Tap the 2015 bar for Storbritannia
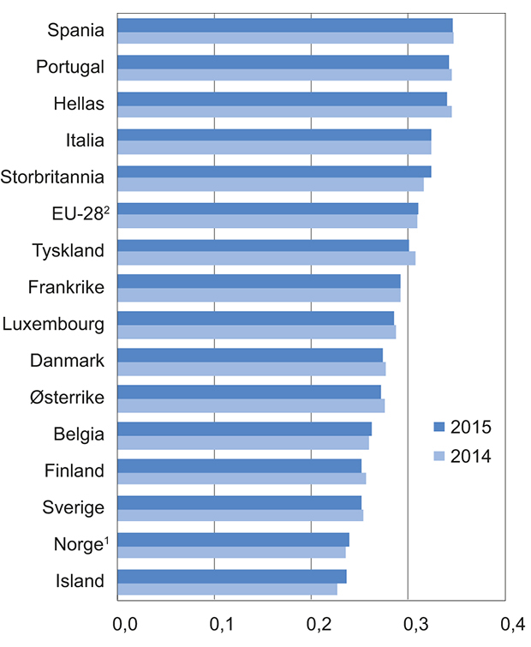click(273, 171)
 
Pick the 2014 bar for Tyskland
click(265, 258)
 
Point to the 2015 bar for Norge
click(232, 539)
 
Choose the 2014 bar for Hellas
click(283, 111)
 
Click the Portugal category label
click(70, 67)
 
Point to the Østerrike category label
click(66, 398)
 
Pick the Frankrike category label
click(66, 287)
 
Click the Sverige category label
click(73, 507)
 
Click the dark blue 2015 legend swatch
click(440, 427)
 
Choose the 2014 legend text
click(470, 457)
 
